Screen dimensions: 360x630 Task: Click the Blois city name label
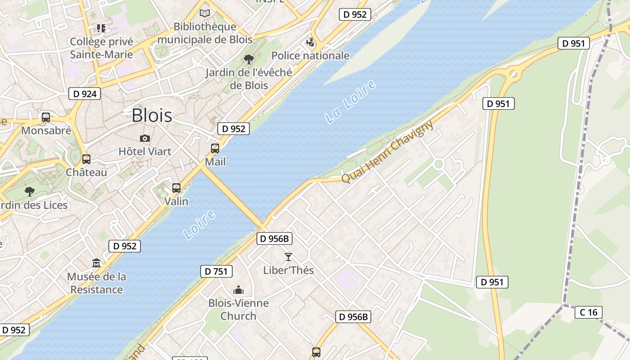(152, 116)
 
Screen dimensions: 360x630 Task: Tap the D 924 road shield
(85, 94)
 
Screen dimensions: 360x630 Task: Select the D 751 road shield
(216, 271)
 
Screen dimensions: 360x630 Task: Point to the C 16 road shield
(588, 312)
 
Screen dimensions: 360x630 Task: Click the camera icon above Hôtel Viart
(145, 138)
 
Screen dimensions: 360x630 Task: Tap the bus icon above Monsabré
(46, 117)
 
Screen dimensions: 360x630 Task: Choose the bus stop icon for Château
(86, 159)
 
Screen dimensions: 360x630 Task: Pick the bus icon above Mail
(215, 148)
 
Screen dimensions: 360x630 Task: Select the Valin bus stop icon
(176, 188)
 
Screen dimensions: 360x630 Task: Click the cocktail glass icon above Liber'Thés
(288, 257)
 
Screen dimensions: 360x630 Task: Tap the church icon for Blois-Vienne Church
(238, 290)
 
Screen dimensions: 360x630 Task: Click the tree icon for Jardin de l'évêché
(248, 59)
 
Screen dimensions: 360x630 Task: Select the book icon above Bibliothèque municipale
(205, 13)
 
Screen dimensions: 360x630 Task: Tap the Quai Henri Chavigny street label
(387, 151)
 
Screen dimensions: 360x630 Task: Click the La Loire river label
(351, 102)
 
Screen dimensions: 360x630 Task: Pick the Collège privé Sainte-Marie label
(102, 48)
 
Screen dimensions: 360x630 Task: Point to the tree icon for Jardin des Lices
(30, 192)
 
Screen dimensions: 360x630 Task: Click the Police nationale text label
(310, 56)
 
